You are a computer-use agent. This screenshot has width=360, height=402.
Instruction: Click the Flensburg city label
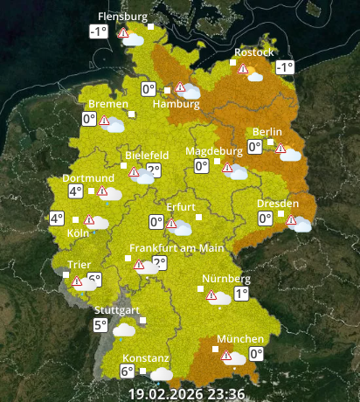[x=121, y=17]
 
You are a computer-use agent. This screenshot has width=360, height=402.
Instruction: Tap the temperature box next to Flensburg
[x=98, y=32]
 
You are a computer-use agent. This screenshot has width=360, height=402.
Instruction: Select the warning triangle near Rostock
[x=243, y=69]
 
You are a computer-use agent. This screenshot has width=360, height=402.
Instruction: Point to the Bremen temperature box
[x=88, y=119]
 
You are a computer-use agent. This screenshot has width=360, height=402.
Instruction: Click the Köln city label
[x=79, y=233]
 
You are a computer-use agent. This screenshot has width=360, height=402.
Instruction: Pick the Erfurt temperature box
[x=156, y=222]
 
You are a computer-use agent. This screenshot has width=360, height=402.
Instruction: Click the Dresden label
[x=278, y=204]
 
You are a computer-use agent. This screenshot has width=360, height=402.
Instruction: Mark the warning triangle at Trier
[x=77, y=281]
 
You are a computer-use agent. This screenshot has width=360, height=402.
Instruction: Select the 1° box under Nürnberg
[x=240, y=295]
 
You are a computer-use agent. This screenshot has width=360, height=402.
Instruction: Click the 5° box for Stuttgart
[x=101, y=326]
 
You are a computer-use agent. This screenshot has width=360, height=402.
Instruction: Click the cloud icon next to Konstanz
[x=161, y=373]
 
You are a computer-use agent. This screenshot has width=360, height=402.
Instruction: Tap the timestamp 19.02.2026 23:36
[x=187, y=393]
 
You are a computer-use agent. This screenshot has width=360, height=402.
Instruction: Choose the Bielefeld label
[x=147, y=155]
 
